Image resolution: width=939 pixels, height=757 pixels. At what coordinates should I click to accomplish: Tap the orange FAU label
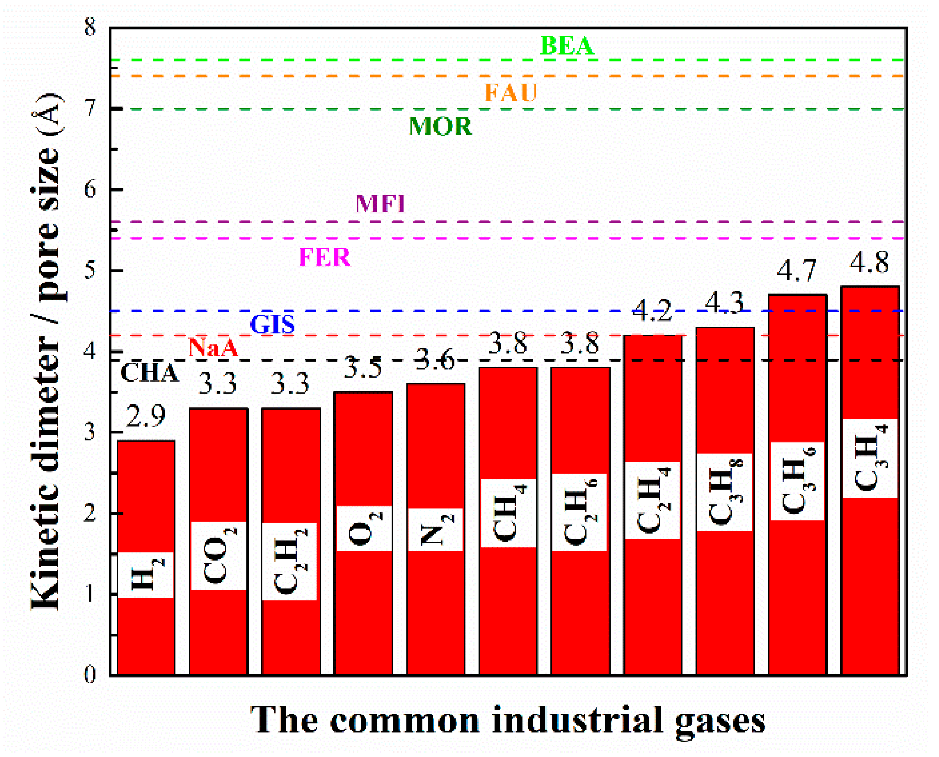point(511,93)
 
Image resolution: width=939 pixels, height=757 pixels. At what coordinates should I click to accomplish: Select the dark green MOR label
point(440,126)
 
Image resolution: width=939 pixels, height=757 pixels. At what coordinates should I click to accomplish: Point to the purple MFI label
point(380,203)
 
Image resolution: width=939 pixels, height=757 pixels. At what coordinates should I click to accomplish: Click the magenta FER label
point(325,257)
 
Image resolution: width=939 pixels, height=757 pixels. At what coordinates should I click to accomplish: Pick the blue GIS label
point(272,325)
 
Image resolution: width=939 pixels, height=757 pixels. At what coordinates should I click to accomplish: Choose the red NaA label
point(213,348)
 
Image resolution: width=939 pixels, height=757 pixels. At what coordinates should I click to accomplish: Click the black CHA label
point(149,373)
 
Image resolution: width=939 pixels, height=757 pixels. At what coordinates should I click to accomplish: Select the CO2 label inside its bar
point(219,556)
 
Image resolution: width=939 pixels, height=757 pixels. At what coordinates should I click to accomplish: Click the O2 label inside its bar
point(364,529)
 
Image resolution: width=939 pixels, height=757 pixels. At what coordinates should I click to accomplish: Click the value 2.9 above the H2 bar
point(146,416)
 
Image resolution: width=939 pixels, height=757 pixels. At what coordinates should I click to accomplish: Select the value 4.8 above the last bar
point(869,263)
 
